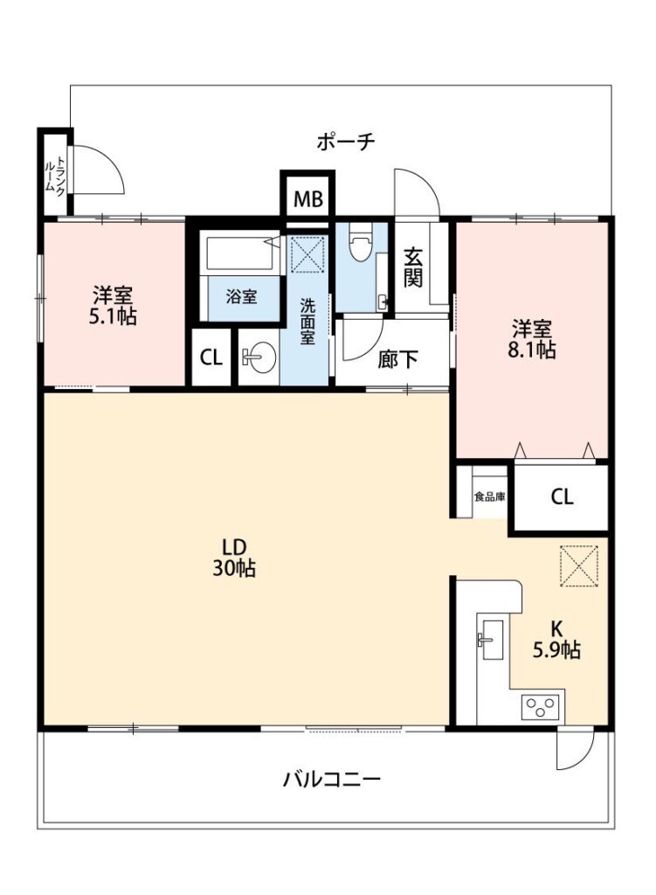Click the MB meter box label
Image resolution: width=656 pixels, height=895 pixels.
pyautogui.click(x=308, y=199)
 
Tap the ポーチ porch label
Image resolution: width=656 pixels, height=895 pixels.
pyautogui.click(x=346, y=141)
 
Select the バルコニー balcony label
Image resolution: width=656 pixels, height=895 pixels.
pyautogui.click(x=331, y=779)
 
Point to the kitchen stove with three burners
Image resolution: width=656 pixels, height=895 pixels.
pyautogui.click(x=542, y=707)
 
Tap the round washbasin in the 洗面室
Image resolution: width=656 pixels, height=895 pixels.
pyautogui.click(x=259, y=357)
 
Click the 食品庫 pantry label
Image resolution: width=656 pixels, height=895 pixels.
pyautogui.click(x=490, y=496)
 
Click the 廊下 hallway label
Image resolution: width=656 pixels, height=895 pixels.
pyautogui.click(x=397, y=359)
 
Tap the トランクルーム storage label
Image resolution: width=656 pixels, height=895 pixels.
pyautogui.click(x=55, y=175)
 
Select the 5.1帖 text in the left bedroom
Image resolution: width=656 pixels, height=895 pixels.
pyautogui.click(x=113, y=316)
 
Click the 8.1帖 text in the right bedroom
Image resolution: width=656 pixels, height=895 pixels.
pyautogui.click(x=532, y=350)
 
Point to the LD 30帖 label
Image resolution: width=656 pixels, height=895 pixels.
pyautogui.click(x=234, y=558)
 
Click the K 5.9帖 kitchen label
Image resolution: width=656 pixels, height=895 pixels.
pyautogui.click(x=556, y=639)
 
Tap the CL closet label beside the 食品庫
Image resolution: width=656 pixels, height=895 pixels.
pyautogui.click(x=562, y=496)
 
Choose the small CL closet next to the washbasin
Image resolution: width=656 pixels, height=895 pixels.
pyautogui.click(x=211, y=357)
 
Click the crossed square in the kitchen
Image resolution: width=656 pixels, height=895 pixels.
pyautogui.click(x=579, y=566)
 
